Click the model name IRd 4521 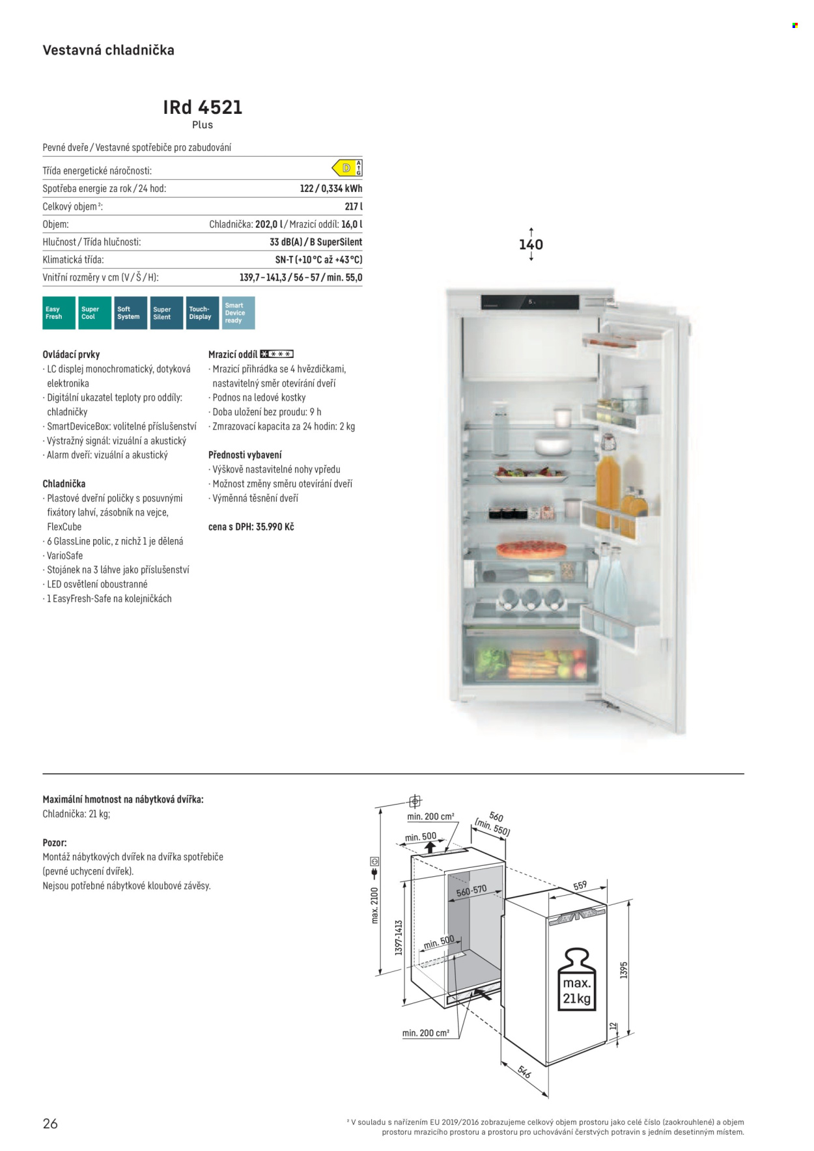click(203, 107)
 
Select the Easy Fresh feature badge click(59, 313)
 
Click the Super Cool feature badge click(95, 313)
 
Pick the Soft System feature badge click(131, 313)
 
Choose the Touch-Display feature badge click(203, 313)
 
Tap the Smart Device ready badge click(238, 313)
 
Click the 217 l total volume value click(354, 206)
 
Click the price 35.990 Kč click(275, 527)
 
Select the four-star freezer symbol click(277, 354)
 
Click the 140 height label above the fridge click(531, 245)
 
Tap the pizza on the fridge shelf click(531, 549)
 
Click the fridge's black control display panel click(530, 303)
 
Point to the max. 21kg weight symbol click(577, 979)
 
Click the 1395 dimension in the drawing click(624, 970)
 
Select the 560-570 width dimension click(471, 891)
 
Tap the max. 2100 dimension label click(374, 905)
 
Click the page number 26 click(50, 1124)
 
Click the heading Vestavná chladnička click(108, 50)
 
